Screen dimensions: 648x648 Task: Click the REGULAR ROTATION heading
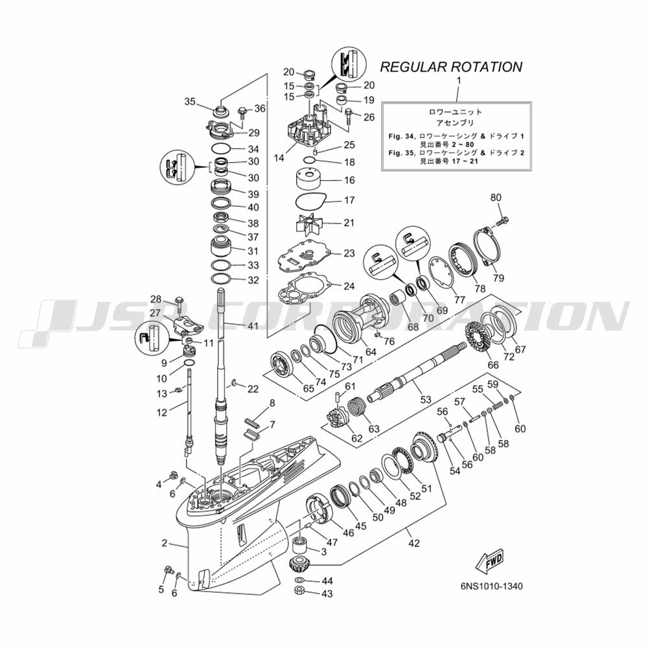click(x=451, y=67)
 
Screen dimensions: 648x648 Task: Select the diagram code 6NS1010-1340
click(x=491, y=586)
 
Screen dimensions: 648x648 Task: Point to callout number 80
click(x=496, y=198)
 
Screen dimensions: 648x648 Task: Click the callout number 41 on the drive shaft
click(x=252, y=326)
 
